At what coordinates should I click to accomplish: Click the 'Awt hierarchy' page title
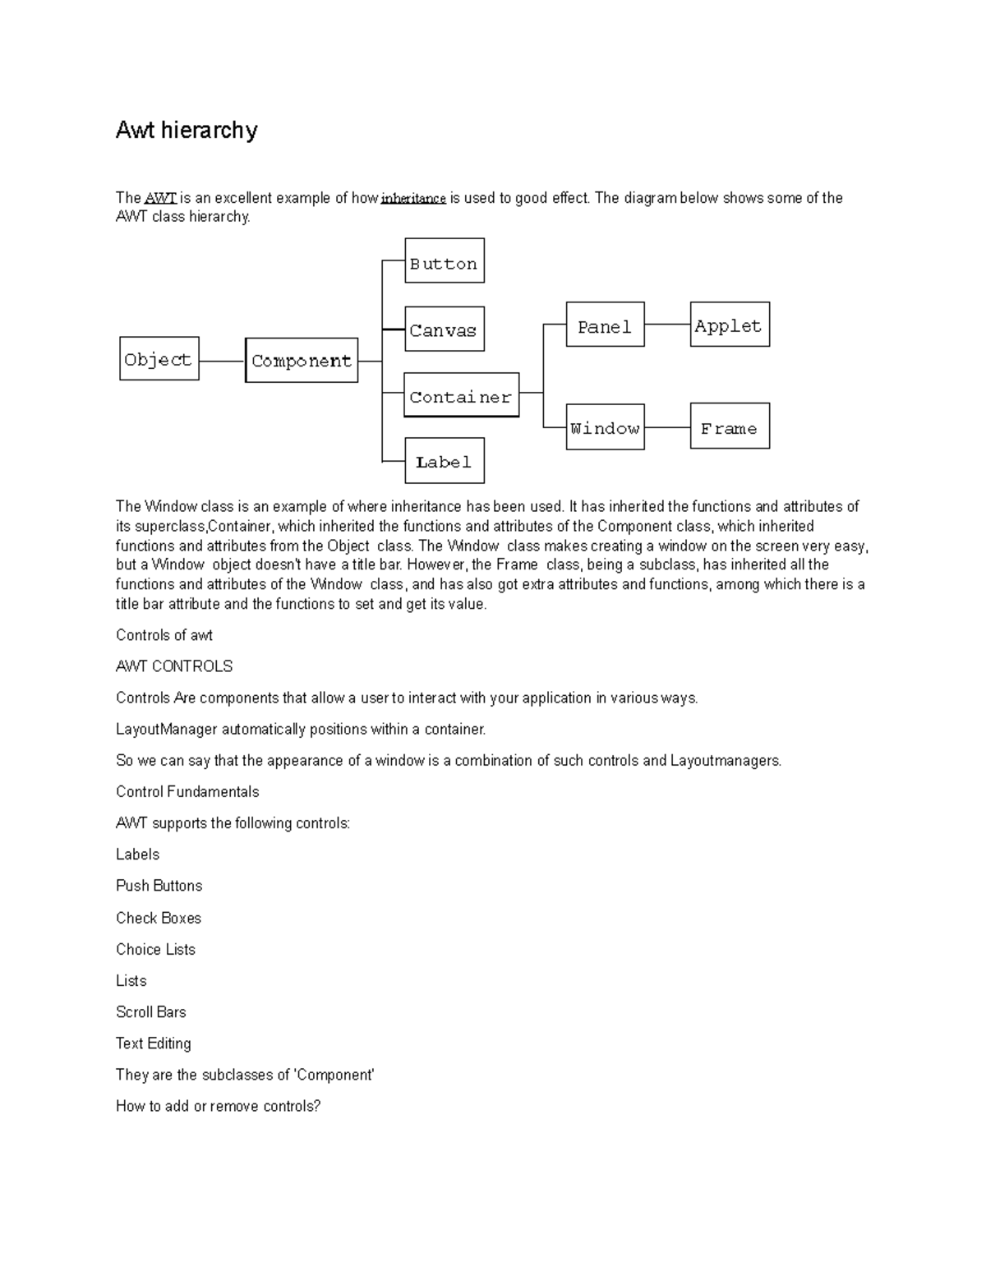click(x=187, y=130)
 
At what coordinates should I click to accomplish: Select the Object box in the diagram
click(x=159, y=359)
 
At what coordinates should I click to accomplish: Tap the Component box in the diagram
click(x=302, y=361)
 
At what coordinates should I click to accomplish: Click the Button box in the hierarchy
click(x=445, y=261)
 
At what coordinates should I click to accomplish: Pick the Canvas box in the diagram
click(x=445, y=329)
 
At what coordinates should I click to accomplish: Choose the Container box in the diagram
click(x=461, y=396)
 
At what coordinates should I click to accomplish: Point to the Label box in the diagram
click(x=445, y=461)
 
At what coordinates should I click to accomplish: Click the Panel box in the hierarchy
click(x=605, y=325)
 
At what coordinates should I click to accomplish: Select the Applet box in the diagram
click(x=730, y=325)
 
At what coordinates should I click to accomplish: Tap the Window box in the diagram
click(x=605, y=427)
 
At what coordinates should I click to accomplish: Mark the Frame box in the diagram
click(x=730, y=426)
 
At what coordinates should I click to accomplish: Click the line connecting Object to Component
click(x=222, y=361)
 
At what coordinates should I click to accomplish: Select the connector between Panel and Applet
click(x=667, y=325)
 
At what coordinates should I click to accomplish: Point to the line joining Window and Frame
click(x=667, y=427)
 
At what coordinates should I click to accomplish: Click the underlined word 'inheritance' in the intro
click(x=413, y=198)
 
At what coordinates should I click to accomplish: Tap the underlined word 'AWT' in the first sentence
click(x=160, y=198)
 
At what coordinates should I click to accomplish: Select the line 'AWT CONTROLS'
click(x=174, y=666)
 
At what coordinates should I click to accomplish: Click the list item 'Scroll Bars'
click(x=151, y=1012)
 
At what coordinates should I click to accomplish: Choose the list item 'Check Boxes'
click(x=159, y=918)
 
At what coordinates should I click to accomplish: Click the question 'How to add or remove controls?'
click(x=218, y=1106)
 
